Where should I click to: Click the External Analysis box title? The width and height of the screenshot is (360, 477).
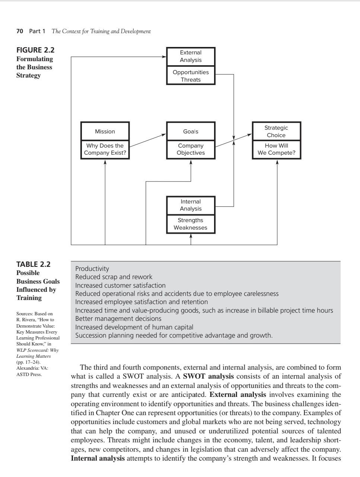191,56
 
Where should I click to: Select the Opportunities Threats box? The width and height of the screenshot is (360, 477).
191,76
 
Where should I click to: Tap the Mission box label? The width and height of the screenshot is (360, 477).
105,131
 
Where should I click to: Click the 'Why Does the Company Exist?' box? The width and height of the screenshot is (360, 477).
105,149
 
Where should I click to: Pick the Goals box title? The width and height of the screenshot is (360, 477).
191,131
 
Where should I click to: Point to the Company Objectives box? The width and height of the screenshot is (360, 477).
191,149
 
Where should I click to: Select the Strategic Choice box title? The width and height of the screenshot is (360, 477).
276,131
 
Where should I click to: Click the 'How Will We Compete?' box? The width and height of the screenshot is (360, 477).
276,149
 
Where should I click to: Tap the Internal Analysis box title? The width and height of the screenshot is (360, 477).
191,205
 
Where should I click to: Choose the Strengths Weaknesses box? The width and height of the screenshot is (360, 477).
191,224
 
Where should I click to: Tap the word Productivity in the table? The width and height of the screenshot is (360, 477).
92,269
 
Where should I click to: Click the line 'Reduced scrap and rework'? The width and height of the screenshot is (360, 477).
114,277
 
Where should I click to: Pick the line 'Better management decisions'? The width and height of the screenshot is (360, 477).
118,319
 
